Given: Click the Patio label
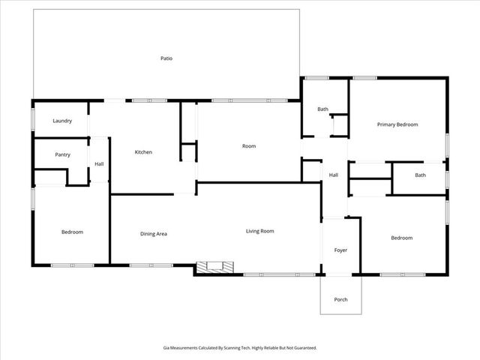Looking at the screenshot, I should pos(166,58).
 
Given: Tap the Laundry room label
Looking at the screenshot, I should pos(62,121).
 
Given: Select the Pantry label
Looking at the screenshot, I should pos(62,154).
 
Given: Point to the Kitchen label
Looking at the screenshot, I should pos(143,152).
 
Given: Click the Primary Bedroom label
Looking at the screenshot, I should pos(397,124).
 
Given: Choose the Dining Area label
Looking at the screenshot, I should pos(154,234).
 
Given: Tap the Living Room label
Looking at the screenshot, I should pos(260,231).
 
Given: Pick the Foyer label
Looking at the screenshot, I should pos(340,250).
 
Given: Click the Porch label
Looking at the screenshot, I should pos(340,299).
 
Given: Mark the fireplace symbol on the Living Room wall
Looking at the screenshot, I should pos(215,267).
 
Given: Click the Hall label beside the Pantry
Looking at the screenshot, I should pos(99,164).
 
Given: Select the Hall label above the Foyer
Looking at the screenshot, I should pos(334,175).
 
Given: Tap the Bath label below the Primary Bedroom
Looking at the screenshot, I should pos(421,175).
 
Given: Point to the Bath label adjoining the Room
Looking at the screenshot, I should pos(322,109).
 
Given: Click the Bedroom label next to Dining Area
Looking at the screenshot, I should pos(72,232).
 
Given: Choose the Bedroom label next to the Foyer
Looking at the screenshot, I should pos(401,238).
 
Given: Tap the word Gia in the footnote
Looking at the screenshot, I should pos(166,347).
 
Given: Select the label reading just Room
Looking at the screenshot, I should pos(249,145).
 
